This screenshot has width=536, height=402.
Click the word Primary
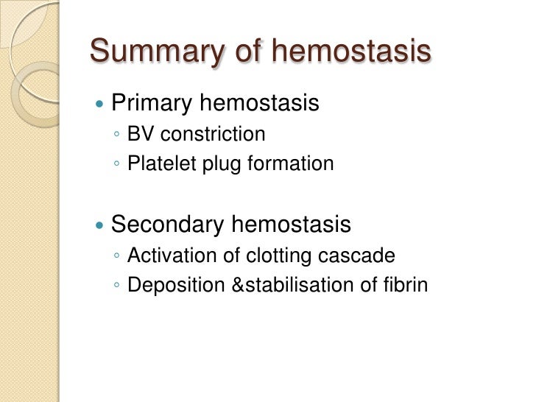(152, 103)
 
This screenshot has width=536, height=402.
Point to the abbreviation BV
(140, 135)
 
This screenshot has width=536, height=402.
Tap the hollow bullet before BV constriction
(119, 136)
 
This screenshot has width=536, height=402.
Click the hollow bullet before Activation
(119, 257)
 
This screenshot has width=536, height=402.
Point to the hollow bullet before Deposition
(119, 286)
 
